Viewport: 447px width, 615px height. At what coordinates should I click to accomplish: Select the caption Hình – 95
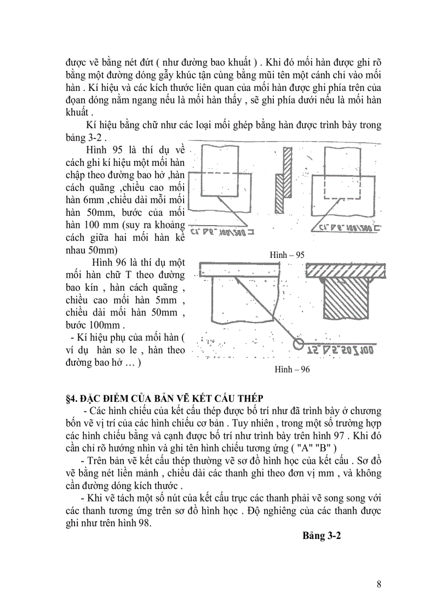tap(287, 255)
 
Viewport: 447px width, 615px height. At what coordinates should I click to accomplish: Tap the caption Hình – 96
tap(292, 370)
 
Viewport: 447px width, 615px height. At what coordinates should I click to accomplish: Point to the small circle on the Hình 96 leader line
tap(298, 344)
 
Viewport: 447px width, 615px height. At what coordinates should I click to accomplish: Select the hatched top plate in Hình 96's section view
tap(342, 270)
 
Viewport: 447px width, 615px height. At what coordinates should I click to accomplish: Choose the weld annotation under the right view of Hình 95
tap(345, 226)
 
